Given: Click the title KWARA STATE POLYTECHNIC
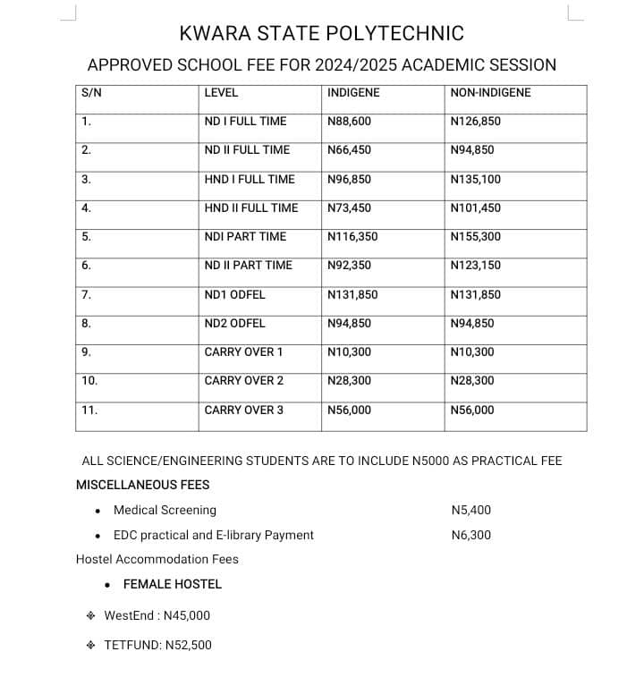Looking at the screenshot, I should [x=322, y=34].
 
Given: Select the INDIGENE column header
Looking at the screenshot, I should [x=353, y=93].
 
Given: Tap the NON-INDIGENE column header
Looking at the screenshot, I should [x=491, y=93].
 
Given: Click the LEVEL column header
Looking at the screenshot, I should [x=221, y=93].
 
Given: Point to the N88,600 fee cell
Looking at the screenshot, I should [x=349, y=122].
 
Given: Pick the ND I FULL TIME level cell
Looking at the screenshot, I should [x=245, y=122].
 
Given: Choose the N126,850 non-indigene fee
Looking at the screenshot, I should [x=476, y=122].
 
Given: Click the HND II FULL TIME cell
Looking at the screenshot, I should [x=251, y=208].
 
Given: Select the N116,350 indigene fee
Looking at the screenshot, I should [x=352, y=237].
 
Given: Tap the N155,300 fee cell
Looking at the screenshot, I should [x=476, y=237].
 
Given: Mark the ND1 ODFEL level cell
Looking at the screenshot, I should [x=234, y=295].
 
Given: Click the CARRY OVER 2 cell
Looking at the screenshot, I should [x=244, y=381].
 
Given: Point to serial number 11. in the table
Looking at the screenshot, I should [x=89, y=410].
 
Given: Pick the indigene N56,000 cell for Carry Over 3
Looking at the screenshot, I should [x=349, y=410].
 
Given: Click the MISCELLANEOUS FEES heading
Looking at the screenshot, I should [x=143, y=485].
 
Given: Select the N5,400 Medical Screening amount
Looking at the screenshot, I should [x=471, y=511].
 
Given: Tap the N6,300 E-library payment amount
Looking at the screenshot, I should [x=471, y=536].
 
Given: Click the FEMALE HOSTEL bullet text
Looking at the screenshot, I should [x=173, y=584].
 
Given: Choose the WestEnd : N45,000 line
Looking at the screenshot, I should [x=157, y=615].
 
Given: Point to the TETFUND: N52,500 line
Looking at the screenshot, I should [x=157, y=645].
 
